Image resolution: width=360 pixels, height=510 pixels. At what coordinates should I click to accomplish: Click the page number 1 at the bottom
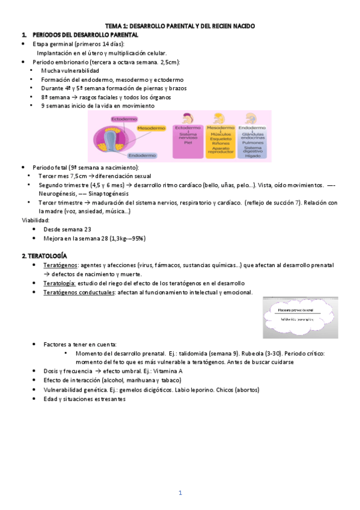click(x=180, y=493)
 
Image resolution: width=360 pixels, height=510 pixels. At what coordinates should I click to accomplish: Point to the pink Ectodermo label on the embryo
click(x=124, y=119)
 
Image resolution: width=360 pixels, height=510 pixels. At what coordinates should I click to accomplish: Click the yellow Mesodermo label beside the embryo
click(x=151, y=127)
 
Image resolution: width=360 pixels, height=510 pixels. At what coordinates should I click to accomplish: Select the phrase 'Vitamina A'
click(x=166, y=371)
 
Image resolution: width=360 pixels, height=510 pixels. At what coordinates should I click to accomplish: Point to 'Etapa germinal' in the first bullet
click(x=53, y=44)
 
